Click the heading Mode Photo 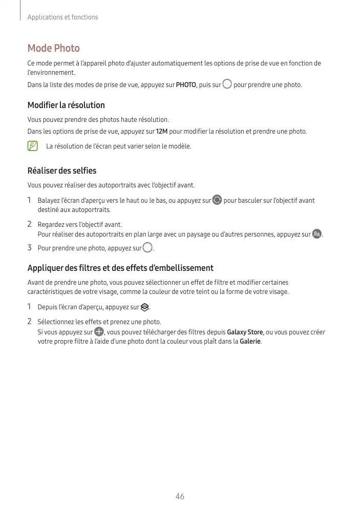pyautogui.click(x=53, y=48)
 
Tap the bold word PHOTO pyautogui.click(x=186, y=84)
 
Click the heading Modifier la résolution pyautogui.click(x=66, y=105)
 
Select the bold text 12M pyautogui.click(x=161, y=132)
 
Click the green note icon pyautogui.click(x=33, y=146)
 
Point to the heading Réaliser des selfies pyautogui.click(x=61, y=171)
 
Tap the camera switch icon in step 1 pyautogui.click(x=217, y=200)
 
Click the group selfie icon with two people pyautogui.click(x=317, y=235)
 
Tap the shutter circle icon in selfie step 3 pyautogui.click(x=147, y=248)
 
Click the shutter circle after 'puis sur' pyautogui.click(x=227, y=84)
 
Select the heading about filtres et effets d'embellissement pyautogui.click(x=120, y=268)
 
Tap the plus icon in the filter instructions pyautogui.click(x=99, y=332)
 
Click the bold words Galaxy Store pyautogui.click(x=245, y=332)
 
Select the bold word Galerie pyautogui.click(x=250, y=342)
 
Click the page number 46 pyautogui.click(x=180, y=497)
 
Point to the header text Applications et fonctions pyautogui.click(x=62, y=17)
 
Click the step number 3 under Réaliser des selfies pyautogui.click(x=30, y=248)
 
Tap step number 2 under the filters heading pyautogui.click(x=30, y=322)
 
